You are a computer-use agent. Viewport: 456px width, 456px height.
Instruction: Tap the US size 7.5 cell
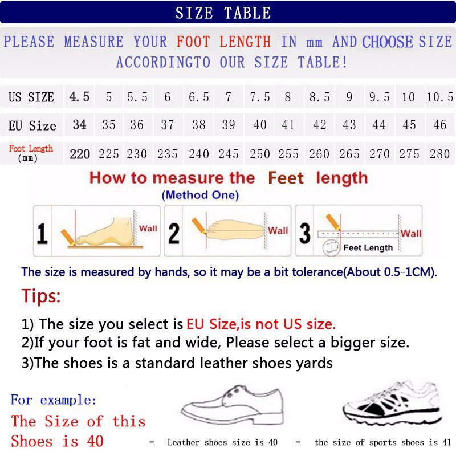coord(259,97)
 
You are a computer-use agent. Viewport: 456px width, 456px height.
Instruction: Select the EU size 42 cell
coord(319,125)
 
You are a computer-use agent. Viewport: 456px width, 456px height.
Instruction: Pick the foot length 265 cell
coord(349,154)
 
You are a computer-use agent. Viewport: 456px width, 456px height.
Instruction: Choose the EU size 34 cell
coord(80,124)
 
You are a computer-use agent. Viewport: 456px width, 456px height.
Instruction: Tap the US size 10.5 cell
coord(439,97)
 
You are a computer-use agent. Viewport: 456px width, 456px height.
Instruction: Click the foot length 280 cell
coord(439,154)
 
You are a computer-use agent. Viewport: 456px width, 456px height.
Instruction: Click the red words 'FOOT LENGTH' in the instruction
coord(223,42)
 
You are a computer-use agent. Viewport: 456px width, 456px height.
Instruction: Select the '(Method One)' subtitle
coord(200,195)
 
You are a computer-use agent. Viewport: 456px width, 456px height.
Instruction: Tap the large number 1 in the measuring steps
coord(42,233)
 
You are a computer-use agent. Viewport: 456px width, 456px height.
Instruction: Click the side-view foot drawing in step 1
coord(105,233)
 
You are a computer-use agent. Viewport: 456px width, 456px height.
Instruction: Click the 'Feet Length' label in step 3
coord(368,248)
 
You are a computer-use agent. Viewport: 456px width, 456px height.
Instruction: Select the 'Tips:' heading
coord(41,296)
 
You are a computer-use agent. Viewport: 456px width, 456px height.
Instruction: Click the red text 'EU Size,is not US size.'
coord(261,324)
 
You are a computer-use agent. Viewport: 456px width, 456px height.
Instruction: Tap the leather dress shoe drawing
coord(231,402)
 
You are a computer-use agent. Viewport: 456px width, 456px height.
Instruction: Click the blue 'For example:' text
coord(54,400)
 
